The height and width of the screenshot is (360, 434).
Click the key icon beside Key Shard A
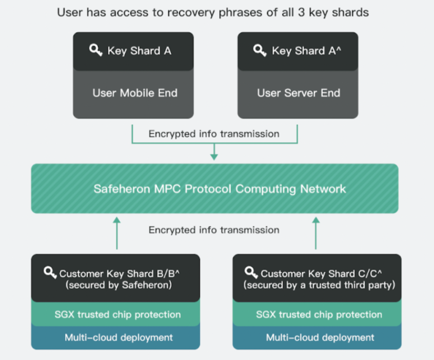pos(96,50)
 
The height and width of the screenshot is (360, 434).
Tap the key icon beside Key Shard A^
pos(260,50)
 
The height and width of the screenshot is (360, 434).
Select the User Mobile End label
pos(135,93)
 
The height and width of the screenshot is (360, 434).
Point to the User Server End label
pos(299,93)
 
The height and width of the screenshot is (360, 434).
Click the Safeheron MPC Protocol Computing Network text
pos(220,189)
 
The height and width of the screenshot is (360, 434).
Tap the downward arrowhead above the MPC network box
pos(214,157)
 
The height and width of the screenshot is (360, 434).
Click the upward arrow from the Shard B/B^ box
pos(117,233)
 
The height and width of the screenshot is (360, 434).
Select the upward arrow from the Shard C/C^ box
pos(316,233)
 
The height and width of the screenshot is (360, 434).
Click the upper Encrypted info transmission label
pos(214,134)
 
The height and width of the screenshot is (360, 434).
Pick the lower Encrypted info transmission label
pos(214,230)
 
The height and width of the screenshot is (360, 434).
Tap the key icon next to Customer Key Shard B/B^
pos(50,273)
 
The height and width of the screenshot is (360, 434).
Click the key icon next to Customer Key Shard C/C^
pos(251,273)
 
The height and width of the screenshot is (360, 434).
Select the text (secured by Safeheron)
pos(119,285)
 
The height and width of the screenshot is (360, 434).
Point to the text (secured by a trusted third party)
pos(319,285)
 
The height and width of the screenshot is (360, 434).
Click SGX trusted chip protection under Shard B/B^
pos(117,314)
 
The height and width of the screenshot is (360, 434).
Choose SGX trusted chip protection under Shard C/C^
pos(319,314)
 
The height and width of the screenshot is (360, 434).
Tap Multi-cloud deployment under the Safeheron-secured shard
pos(119,337)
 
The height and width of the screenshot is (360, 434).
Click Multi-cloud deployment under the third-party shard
pos(320,337)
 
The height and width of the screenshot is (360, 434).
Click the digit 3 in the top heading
pos(301,12)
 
